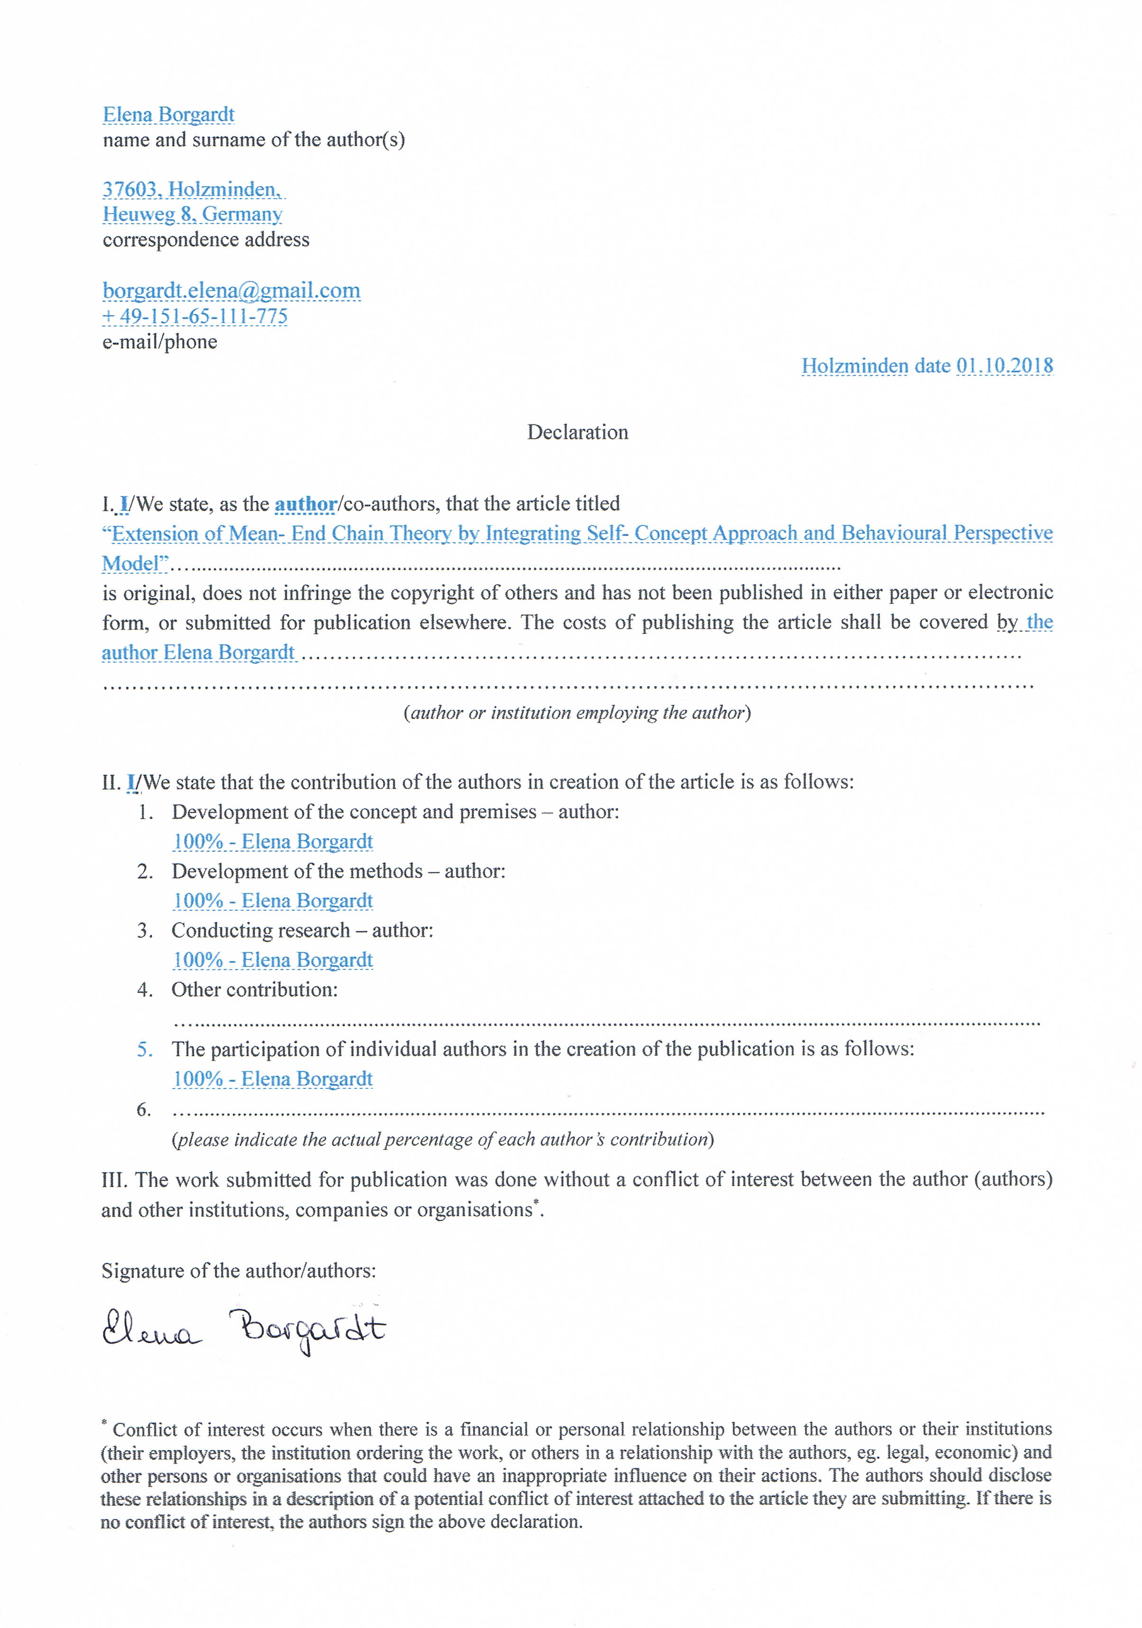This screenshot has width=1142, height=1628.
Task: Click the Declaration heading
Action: click(577, 433)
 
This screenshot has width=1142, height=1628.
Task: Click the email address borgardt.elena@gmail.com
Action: click(231, 291)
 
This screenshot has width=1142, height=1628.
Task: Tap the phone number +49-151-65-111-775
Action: click(195, 316)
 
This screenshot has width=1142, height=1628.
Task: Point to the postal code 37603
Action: click(132, 190)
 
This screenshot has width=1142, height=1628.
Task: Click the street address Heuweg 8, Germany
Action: click(192, 214)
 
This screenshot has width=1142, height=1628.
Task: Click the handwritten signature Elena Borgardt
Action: click(243, 1330)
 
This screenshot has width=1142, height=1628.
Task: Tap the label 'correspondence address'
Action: click(206, 240)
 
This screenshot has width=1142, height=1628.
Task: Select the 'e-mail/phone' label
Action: click(160, 342)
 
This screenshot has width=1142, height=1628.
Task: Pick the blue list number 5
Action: click(145, 1049)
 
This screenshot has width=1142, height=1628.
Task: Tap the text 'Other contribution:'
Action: click(255, 990)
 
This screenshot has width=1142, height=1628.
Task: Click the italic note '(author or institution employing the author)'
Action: click(576, 713)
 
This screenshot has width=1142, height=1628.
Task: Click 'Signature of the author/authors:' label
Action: click(238, 1271)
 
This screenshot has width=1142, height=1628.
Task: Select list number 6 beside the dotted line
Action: click(144, 1109)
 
